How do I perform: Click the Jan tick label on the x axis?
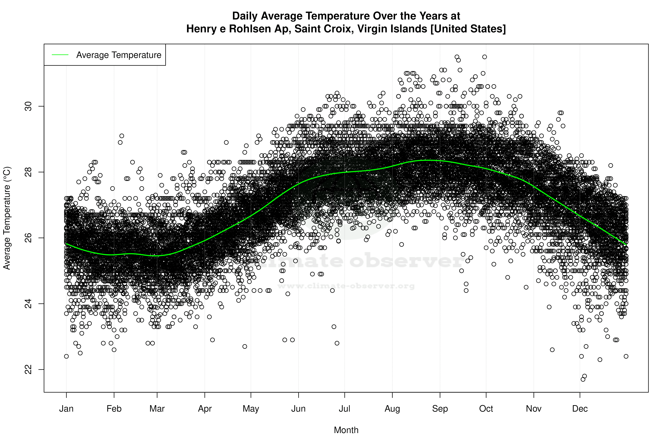pyautogui.click(x=66, y=409)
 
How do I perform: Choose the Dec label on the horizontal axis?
pyautogui.click(x=580, y=409)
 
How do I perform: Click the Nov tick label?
pyautogui.click(x=534, y=409)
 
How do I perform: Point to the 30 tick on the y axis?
pyautogui.click(x=28, y=106)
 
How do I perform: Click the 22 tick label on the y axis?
pyautogui.click(x=28, y=369)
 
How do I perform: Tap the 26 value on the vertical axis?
pyautogui.click(x=28, y=238)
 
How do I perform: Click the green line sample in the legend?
pyautogui.click(x=60, y=55)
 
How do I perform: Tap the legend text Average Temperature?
pyautogui.click(x=119, y=55)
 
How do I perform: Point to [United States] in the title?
pyautogui.click(x=468, y=29)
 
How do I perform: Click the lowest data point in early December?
pyautogui.click(x=583, y=379)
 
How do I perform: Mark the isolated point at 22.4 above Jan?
pyautogui.click(x=66, y=356)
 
